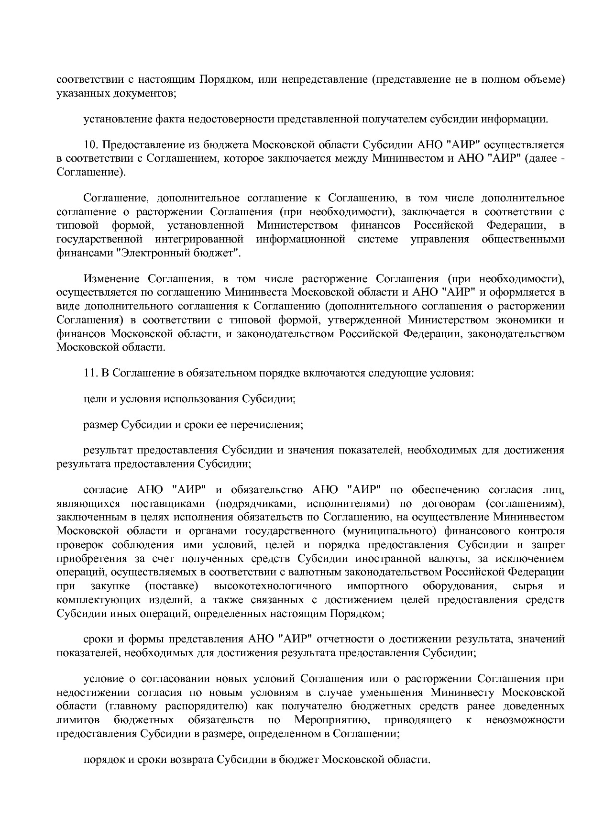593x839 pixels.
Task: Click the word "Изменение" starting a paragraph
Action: click(111, 279)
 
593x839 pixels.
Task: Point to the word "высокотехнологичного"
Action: click(273, 586)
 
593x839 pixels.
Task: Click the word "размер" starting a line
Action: click(100, 425)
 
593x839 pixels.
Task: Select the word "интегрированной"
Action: click(199, 239)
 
